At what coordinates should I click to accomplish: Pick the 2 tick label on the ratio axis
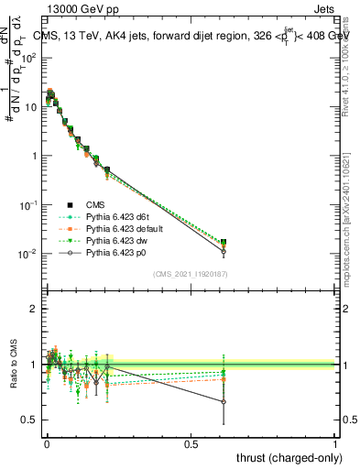click(34, 309)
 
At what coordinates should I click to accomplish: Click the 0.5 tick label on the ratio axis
click(29, 420)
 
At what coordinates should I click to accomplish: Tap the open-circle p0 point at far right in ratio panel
click(224, 401)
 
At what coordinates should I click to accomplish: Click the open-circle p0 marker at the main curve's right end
click(224, 251)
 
